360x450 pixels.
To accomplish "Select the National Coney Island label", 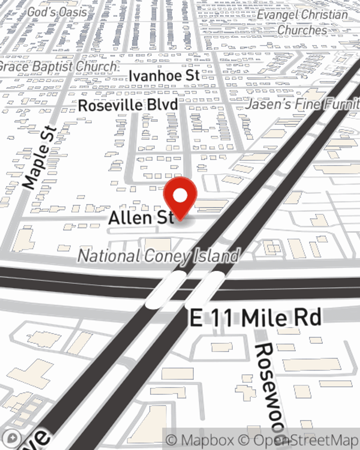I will [158, 256].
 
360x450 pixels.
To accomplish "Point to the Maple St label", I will [40, 158].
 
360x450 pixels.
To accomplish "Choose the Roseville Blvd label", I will [128, 105].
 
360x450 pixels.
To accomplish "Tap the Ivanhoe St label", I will [164, 76].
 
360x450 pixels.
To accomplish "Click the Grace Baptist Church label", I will [58, 67].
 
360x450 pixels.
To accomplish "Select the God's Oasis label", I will [57, 12].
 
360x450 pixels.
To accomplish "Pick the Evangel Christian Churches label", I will [302, 22].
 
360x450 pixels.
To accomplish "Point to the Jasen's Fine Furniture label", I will [302, 104].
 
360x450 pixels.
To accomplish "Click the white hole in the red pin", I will [180, 196].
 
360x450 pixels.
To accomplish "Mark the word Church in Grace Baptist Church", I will [96, 67].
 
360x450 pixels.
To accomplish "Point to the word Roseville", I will [109, 105].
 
